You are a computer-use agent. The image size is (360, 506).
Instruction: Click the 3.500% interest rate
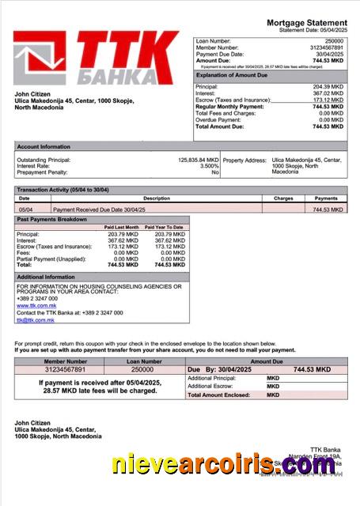(209, 166)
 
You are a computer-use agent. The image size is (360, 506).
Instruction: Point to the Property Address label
(244, 160)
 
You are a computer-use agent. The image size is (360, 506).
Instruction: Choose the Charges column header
(283, 198)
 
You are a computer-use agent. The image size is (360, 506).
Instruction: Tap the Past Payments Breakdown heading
(52, 219)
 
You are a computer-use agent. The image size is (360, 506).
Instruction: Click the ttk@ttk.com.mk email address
(35, 320)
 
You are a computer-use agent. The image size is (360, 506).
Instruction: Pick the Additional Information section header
(46, 277)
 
